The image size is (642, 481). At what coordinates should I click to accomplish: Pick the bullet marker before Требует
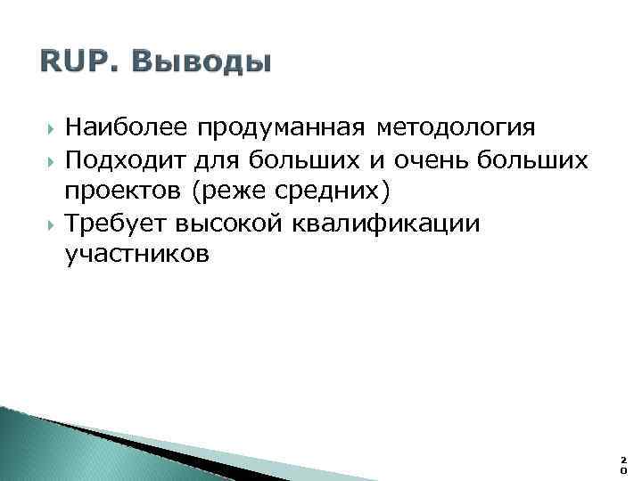[47, 224]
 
